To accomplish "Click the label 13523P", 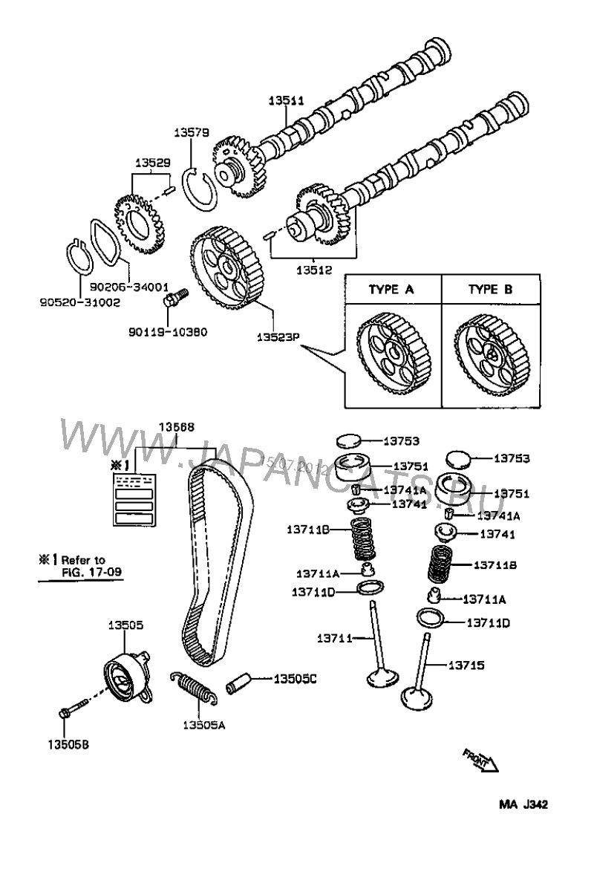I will click(278, 337).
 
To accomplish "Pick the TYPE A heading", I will click(391, 290).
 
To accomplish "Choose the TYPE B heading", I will click(490, 290).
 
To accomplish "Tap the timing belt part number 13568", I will click(177, 427).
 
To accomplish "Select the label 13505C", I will click(296, 678).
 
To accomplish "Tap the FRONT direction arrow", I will click(480, 760).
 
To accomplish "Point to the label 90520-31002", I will click(70, 303).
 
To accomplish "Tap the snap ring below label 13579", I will click(198, 189).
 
